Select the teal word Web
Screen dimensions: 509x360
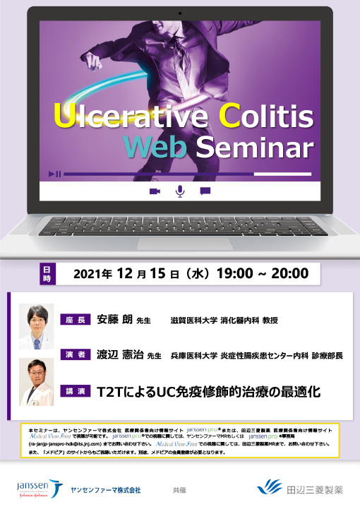[x=154, y=147]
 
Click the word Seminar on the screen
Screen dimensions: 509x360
[x=253, y=147]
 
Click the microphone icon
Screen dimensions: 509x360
[x=180, y=191]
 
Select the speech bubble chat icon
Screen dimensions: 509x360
[x=205, y=191]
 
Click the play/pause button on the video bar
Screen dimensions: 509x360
[x=54, y=174]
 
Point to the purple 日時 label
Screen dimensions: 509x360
[x=47, y=275]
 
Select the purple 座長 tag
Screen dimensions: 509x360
[x=76, y=320]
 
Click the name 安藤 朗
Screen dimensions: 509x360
[x=115, y=320]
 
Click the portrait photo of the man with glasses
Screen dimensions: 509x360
[x=37, y=326]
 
